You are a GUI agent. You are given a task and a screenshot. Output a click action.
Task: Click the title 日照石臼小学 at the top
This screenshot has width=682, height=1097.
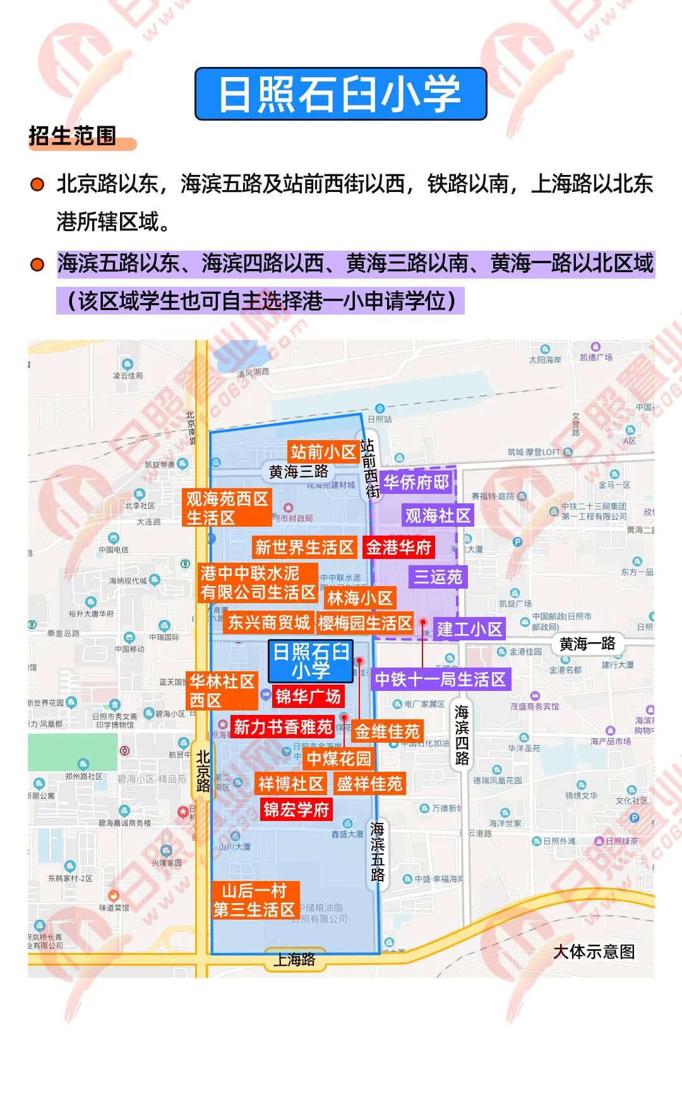(340, 94)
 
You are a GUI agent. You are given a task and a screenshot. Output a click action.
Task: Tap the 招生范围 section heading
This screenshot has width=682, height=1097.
(73, 136)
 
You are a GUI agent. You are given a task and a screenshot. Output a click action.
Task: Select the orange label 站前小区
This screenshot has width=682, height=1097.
(323, 452)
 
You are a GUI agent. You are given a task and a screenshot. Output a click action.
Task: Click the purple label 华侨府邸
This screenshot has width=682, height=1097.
(416, 483)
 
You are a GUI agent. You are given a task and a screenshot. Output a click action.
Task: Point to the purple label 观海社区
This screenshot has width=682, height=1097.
(438, 515)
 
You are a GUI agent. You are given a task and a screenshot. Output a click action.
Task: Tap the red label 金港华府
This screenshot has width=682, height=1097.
(398, 547)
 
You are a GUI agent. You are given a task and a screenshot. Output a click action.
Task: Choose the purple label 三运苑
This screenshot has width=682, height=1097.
(438, 577)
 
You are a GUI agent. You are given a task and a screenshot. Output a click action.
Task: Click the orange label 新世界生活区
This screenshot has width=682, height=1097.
(304, 547)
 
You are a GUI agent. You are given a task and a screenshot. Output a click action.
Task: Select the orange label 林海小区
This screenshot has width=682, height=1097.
(359, 597)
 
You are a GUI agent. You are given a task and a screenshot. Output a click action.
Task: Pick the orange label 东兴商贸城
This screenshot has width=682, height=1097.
(269, 623)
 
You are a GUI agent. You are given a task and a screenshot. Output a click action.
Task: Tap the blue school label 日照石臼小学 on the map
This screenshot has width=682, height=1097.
(310, 661)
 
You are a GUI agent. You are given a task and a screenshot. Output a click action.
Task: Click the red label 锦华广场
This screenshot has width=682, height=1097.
(308, 697)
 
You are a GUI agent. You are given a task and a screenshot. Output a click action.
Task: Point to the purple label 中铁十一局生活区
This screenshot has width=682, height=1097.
(440, 680)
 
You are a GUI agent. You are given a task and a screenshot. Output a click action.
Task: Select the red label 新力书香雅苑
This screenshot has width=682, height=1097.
(282, 727)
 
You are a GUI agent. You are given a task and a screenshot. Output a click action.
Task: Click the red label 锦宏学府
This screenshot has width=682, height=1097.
(296, 809)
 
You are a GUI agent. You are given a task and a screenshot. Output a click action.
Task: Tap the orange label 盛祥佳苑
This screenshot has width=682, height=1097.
(369, 784)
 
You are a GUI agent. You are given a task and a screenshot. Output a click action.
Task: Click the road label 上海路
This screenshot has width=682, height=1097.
(294, 959)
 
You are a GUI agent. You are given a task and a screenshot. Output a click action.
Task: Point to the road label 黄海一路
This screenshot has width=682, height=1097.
(587, 644)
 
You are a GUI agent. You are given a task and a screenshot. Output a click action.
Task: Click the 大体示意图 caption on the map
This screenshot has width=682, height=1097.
(594, 951)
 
